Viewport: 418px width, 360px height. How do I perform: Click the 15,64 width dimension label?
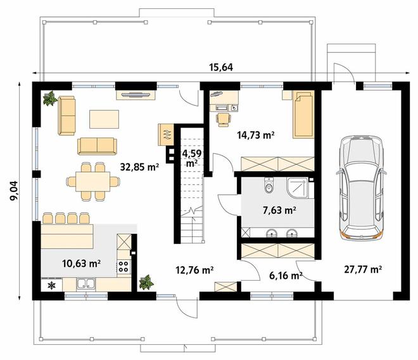click(x=221, y=67)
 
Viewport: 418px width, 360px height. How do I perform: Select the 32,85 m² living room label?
click(x=139, y=167)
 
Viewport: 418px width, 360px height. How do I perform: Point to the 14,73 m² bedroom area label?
click(x=256, y=135)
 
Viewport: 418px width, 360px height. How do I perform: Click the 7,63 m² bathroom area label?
click(x=279, y=210)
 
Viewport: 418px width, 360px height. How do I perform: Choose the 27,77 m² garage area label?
click(x=363, y=269)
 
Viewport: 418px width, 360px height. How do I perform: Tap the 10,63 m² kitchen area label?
click(x=81, y=264)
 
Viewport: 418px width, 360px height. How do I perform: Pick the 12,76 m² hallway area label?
click(x=194, y=270)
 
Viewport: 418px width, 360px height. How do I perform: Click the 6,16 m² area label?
click(x=286, y=276)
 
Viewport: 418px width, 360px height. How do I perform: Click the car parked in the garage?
click(x=361, y=187)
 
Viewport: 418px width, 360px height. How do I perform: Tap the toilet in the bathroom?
click(x=269, y=185)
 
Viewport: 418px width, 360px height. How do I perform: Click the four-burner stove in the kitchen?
click(x=123, y=266)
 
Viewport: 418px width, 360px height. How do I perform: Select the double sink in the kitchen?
click(x=86, y=285)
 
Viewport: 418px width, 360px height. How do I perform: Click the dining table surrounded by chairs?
click(x=92, y=181)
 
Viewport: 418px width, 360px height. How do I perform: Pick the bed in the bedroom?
click(x=303, y=115)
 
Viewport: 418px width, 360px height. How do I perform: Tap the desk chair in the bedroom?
click(x=224, y=120)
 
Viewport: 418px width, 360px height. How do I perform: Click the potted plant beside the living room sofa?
click(x=49, y=98)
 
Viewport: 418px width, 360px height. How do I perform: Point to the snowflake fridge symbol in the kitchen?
click(x=51, y=286)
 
